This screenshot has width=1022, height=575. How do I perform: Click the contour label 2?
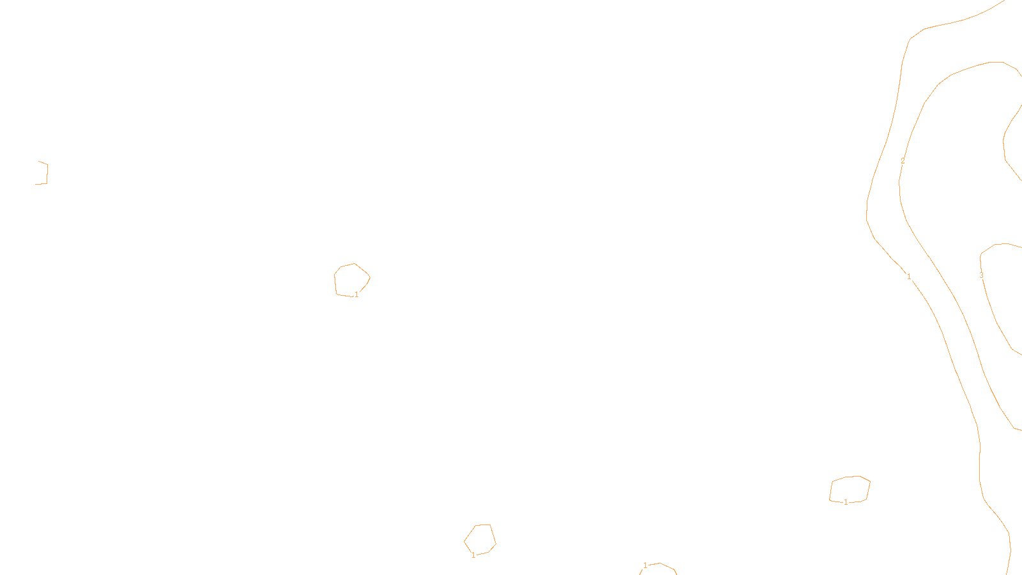pyautogui.click(x=903, y=160)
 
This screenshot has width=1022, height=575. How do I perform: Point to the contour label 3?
pyautogui.click(x=981, y=276)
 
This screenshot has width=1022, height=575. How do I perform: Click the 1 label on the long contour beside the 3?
pyautogui.click(x=909, y=277)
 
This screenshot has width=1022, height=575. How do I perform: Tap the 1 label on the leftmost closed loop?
pyautogui.click(x=356, y=295)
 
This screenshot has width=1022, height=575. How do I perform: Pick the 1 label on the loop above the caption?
pyautogui.click(x=473, y=555)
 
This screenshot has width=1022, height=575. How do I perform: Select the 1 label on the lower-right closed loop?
pyautogui.click(x=846, y=502)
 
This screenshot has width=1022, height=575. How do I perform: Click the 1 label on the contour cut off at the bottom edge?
pyautogui.click(x=645, y=565)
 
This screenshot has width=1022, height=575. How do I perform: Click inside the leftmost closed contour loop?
pyautogui.click(x=351, y=279)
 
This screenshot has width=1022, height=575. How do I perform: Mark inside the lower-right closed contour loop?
pyautogui.click(x=850, y=489)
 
